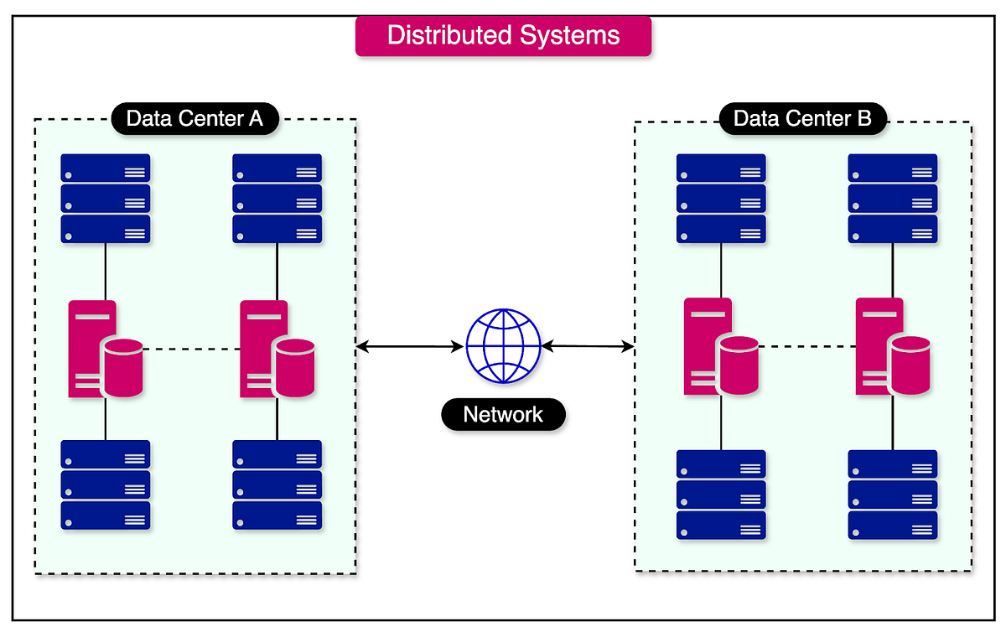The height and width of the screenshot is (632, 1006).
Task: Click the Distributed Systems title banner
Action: (x=503, y=36)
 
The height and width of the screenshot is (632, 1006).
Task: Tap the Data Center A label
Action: (x=194, y=119)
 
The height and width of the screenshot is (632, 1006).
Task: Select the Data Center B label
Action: (x=802, y=119)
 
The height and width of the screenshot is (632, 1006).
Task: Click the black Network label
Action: (x=503, y=414)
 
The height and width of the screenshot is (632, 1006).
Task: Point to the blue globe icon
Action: (x=503, y=345)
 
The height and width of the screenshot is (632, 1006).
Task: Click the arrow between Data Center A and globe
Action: (x=411, y=345)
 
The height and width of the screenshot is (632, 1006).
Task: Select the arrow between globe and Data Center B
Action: (x=588, y=345)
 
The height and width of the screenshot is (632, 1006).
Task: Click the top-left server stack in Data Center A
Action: (x=106, y=199)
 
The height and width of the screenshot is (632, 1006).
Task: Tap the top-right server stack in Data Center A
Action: (x=277, y=199)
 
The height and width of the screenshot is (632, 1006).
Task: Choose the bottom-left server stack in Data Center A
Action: (x=106, y=485)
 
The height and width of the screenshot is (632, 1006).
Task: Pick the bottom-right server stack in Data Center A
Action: (x=277, y=485)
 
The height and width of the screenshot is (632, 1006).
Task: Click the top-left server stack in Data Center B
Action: (x=721, y=199)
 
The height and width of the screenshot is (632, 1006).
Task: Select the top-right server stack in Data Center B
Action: (x=893, y=199)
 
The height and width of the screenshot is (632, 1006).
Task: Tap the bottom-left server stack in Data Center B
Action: (x=721, y=495)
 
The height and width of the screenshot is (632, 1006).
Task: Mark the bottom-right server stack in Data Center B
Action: (x=893, y=495)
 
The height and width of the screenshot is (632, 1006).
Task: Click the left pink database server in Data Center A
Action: (x=105, y=350)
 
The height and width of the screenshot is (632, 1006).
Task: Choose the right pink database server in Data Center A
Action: (x=277, y=350)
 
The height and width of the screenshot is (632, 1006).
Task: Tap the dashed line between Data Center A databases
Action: (x=192, y=350)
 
